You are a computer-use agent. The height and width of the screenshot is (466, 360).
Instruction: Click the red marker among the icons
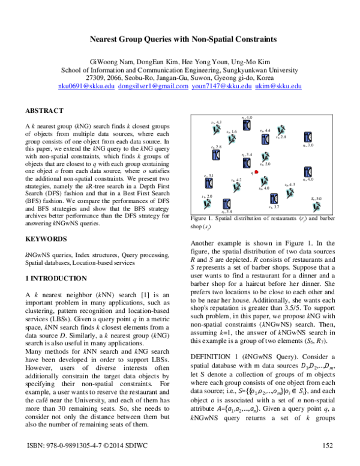pos(257,172)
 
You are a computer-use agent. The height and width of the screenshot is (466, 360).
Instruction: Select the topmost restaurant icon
pos(247,126)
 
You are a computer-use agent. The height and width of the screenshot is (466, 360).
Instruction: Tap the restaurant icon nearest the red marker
pos(247,163)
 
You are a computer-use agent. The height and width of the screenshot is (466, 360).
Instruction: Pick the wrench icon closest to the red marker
pos(264,181)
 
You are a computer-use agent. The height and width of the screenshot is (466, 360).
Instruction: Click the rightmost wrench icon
pos(316,207)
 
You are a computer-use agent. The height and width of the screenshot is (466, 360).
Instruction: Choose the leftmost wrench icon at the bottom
pos(207,204)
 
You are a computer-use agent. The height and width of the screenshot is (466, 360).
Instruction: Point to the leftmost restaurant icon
pos(209,183)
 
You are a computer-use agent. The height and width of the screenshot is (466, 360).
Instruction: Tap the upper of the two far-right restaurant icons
pos(308,137)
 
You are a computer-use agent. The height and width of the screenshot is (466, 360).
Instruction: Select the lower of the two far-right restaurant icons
pos(308,172)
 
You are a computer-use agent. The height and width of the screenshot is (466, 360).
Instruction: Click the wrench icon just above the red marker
pos(265,157)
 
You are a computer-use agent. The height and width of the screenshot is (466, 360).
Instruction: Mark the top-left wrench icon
pos(216,130)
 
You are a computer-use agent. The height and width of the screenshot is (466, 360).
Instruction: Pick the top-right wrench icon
pos(280,130)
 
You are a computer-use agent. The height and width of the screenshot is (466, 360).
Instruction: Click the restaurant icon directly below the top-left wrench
pos(216,155)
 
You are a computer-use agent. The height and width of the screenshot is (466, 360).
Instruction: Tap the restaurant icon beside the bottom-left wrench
pos(227,204)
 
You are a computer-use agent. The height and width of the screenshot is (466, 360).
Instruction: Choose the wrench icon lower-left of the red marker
pos(236,187)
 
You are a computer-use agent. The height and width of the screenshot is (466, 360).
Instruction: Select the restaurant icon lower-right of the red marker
pos(274,199)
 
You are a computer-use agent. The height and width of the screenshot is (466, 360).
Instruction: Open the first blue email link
pos(86,87)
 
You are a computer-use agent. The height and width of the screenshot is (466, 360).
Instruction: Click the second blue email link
pos(153,87)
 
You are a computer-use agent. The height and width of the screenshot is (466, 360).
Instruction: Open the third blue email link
pos(221,87)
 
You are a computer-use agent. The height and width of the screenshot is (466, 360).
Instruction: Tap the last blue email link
pos(278,87)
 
